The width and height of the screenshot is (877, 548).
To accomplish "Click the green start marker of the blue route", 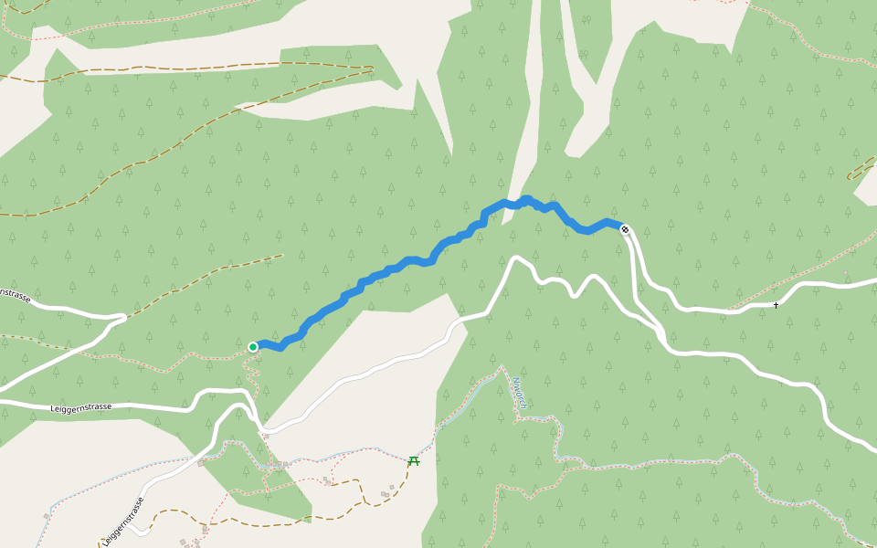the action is pos(253,347).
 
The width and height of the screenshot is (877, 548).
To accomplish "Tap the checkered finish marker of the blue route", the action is pos(625,229).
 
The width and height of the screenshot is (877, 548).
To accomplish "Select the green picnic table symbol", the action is pos(414,460).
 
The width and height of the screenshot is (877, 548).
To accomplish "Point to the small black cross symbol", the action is pos(776,305).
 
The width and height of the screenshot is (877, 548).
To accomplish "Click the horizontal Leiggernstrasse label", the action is pos(82,406).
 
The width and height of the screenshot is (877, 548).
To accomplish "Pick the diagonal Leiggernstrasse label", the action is pos(123,522).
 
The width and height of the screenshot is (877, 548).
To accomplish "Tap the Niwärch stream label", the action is pos(519,393).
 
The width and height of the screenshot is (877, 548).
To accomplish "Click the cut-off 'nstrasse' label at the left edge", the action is pos(16,295).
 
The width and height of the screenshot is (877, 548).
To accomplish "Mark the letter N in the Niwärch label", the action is pos(514,380).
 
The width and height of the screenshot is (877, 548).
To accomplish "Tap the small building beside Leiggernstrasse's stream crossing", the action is pos(200,463).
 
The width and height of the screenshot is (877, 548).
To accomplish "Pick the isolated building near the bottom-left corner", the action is pos(47,516).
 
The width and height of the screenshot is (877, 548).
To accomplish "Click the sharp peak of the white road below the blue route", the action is pos(516,258).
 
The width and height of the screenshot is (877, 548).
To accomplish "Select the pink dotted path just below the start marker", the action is pos(249,370).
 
